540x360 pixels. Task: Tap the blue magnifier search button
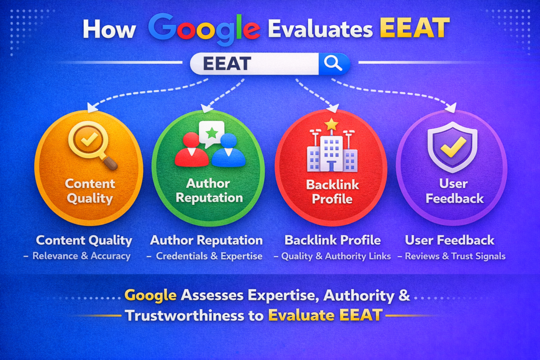334,64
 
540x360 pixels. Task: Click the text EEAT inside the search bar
227,64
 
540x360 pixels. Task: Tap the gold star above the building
331,124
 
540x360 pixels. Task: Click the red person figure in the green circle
192,150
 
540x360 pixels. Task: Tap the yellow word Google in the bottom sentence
152,295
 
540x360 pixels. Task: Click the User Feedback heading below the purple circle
450,240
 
